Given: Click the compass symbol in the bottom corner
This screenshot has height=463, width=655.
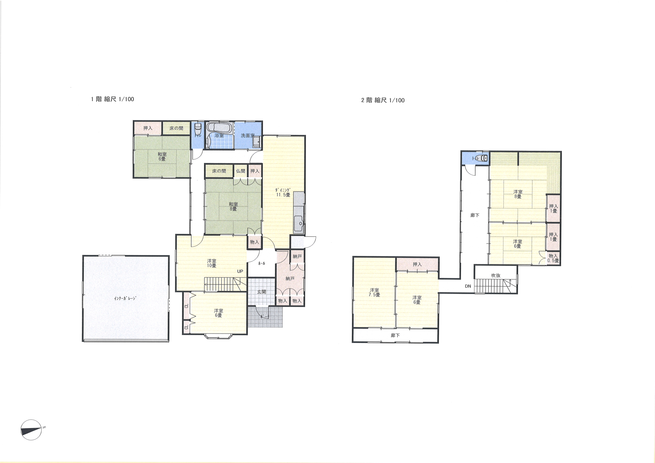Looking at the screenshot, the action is (x=31, y=430).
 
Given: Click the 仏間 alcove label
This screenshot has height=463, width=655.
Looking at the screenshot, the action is (x=240, y=171).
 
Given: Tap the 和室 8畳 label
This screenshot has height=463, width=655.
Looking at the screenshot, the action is (x=233, y=206).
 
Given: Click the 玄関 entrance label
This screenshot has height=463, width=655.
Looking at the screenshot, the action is (x=262, y=292).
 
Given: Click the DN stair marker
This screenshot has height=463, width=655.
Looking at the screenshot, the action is (x=468, y=286).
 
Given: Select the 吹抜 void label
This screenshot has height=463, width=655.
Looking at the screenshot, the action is (x=496, y=276).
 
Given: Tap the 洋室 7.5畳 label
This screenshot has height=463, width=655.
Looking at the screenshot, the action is (x=374, y=292).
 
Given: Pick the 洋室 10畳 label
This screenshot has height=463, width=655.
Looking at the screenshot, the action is (x=211, y=263).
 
